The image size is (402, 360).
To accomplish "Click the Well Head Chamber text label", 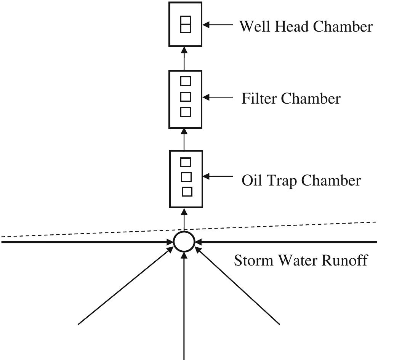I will point(305,27).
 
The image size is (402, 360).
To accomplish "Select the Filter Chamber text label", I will point(291,99).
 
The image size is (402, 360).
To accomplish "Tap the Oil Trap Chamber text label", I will point(301,180).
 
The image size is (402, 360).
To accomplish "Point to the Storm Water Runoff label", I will point(300,261).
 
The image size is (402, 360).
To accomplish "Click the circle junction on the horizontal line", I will point(184,242).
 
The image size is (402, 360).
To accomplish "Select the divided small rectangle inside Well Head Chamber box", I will point(185,24).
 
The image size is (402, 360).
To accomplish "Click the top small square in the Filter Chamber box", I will point(185,81).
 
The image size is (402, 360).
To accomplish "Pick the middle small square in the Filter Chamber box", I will point(185,97).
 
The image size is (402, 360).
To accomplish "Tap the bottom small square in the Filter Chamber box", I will point(185,112).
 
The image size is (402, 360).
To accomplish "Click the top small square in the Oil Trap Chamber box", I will point(185,162).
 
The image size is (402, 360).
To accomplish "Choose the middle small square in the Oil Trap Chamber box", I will point(186,177).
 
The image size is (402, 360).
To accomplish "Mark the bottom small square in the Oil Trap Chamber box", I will point(187,192).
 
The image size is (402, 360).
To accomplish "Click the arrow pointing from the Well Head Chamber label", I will point(217,25).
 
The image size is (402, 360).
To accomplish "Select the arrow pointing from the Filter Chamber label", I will point(217,98).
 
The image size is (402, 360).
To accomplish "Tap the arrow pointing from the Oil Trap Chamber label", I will point(217,176).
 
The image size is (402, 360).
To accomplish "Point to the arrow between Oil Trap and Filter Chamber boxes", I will point(184,139).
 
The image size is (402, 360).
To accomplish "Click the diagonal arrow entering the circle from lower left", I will point(126,286).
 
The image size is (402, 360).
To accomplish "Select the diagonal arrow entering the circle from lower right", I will point(238,286).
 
